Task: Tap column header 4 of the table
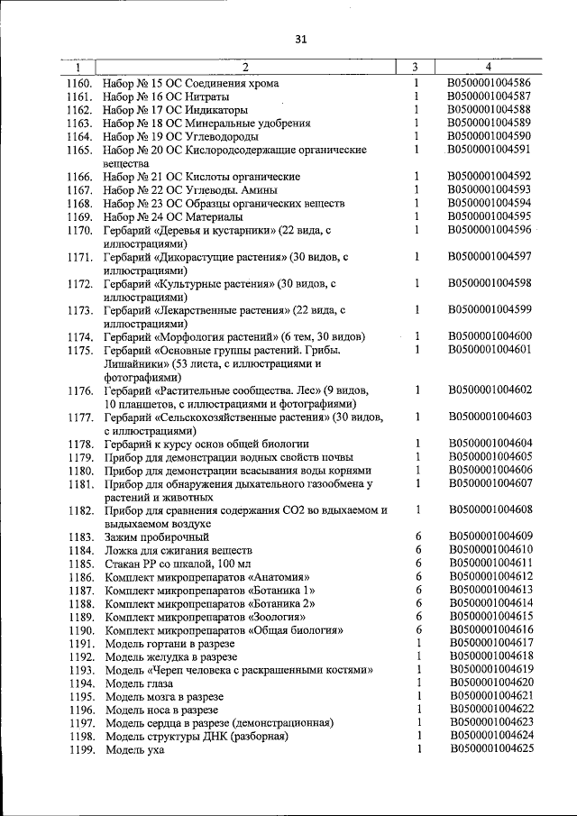tap(488, 67)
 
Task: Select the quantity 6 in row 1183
tap(418, 536)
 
